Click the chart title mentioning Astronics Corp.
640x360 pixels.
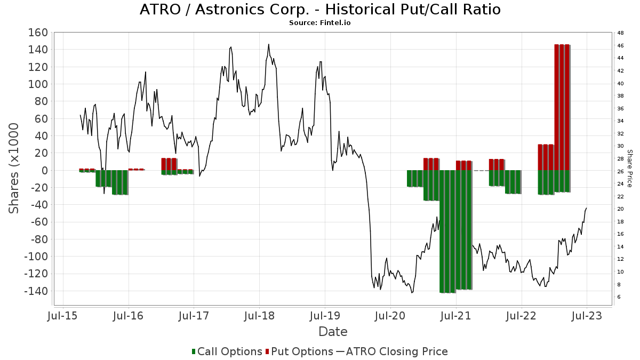pyautogui.click(x=320, y=10)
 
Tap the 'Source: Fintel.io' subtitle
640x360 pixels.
pyautogui.click(x=320, y=23)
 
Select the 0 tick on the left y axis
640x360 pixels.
pyautogui.click(x=44, y=171)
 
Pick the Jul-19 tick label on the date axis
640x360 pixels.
pyautogui.click(x=325, y=316)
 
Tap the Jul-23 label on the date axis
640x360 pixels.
pyautogui.click(x=587, y=316)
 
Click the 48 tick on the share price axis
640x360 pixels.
pyautogui.click(x=620, y=33)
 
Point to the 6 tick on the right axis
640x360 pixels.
pyautogui.click(x=619, y=297)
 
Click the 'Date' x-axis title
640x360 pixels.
pyautogui.click(x=333, y=332)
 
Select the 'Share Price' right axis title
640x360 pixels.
pyautogui.click(x=629, y=168)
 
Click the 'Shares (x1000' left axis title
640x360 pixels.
pyautogui.click(x=15, y=168)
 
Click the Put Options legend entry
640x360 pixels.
pyautogui.click(x=302, y=351)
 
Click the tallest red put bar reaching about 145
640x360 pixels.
pyautogui.click(x=562, y=107)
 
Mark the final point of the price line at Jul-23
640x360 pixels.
pyautogui.click(x=587, y=208)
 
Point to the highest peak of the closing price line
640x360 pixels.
pyautogui.click(x=269, y=44)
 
